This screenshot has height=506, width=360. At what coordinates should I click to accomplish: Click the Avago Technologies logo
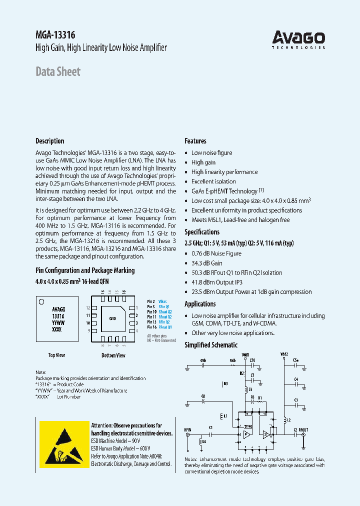(x=298, y=39)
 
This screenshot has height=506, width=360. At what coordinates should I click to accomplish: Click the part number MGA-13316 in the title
(x=55, y=35)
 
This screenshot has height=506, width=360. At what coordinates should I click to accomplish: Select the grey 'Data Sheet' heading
(x=58, y=72)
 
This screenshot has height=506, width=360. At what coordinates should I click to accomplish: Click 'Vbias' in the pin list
(x=163, y=301)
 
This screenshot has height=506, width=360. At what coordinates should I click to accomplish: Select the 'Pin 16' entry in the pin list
(x=152, y=327)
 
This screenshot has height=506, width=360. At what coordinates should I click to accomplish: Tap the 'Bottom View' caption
(x=113, y=355)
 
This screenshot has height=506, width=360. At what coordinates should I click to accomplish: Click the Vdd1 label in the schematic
(x=245, y=354)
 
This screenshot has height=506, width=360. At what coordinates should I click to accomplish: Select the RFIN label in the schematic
(x=187, y=429)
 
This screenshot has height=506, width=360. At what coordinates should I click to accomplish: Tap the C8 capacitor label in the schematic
(x=203, y=396)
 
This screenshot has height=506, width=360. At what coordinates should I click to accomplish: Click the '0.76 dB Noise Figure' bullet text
(x=216, y=253)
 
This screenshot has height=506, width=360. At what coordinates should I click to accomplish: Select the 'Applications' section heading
(x=200, y=304)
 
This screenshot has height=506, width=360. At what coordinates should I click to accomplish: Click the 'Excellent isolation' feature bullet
(x=213, y=181)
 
